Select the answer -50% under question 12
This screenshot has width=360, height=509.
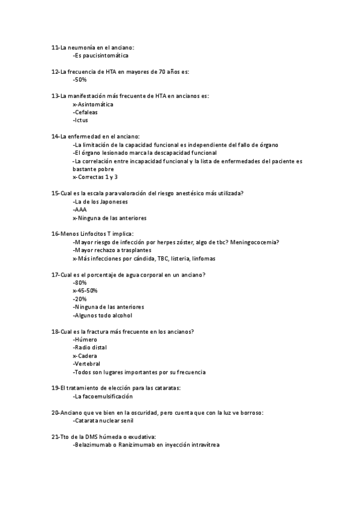click(80, 79)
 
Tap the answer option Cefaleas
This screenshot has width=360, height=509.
click(85, 112)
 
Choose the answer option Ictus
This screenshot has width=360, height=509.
click(80, 119)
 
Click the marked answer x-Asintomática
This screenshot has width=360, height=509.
click(92, 104)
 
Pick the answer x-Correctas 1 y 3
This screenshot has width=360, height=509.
click(95, 177)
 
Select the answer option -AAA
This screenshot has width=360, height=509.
click(80, 210)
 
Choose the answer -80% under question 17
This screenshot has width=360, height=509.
click(80, 282)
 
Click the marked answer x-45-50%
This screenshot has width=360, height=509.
click(85, 291)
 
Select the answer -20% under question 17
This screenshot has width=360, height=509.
click(80, 299)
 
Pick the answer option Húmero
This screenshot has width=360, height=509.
click(85, 340)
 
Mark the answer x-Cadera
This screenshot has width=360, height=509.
click(85, 356)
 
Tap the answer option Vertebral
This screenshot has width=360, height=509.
click(86, 364)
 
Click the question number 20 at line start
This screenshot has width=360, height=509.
click(55, 413)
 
